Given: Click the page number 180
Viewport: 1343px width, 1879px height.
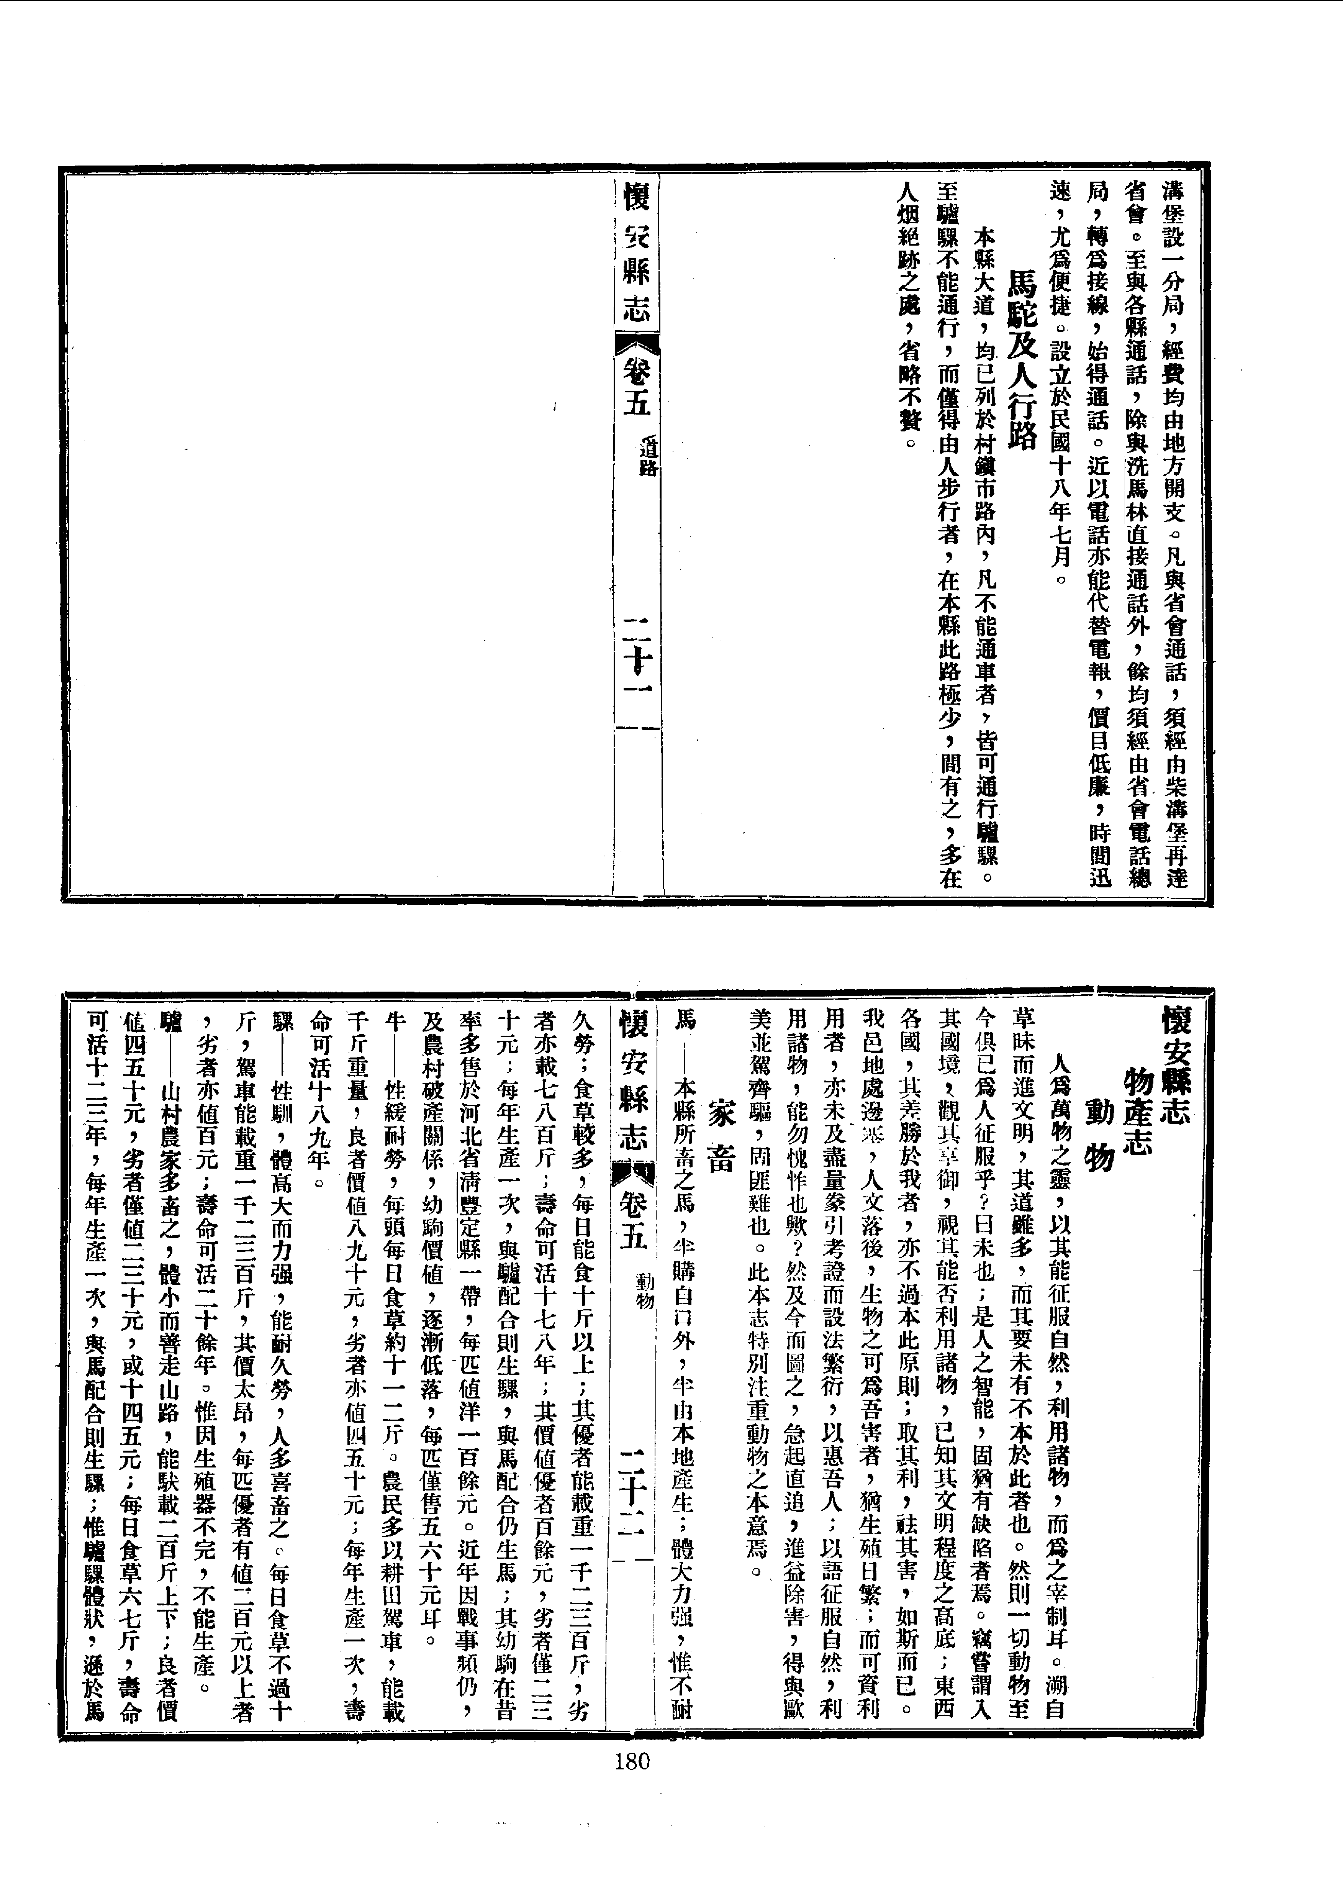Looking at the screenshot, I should [x=633, y=1762].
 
